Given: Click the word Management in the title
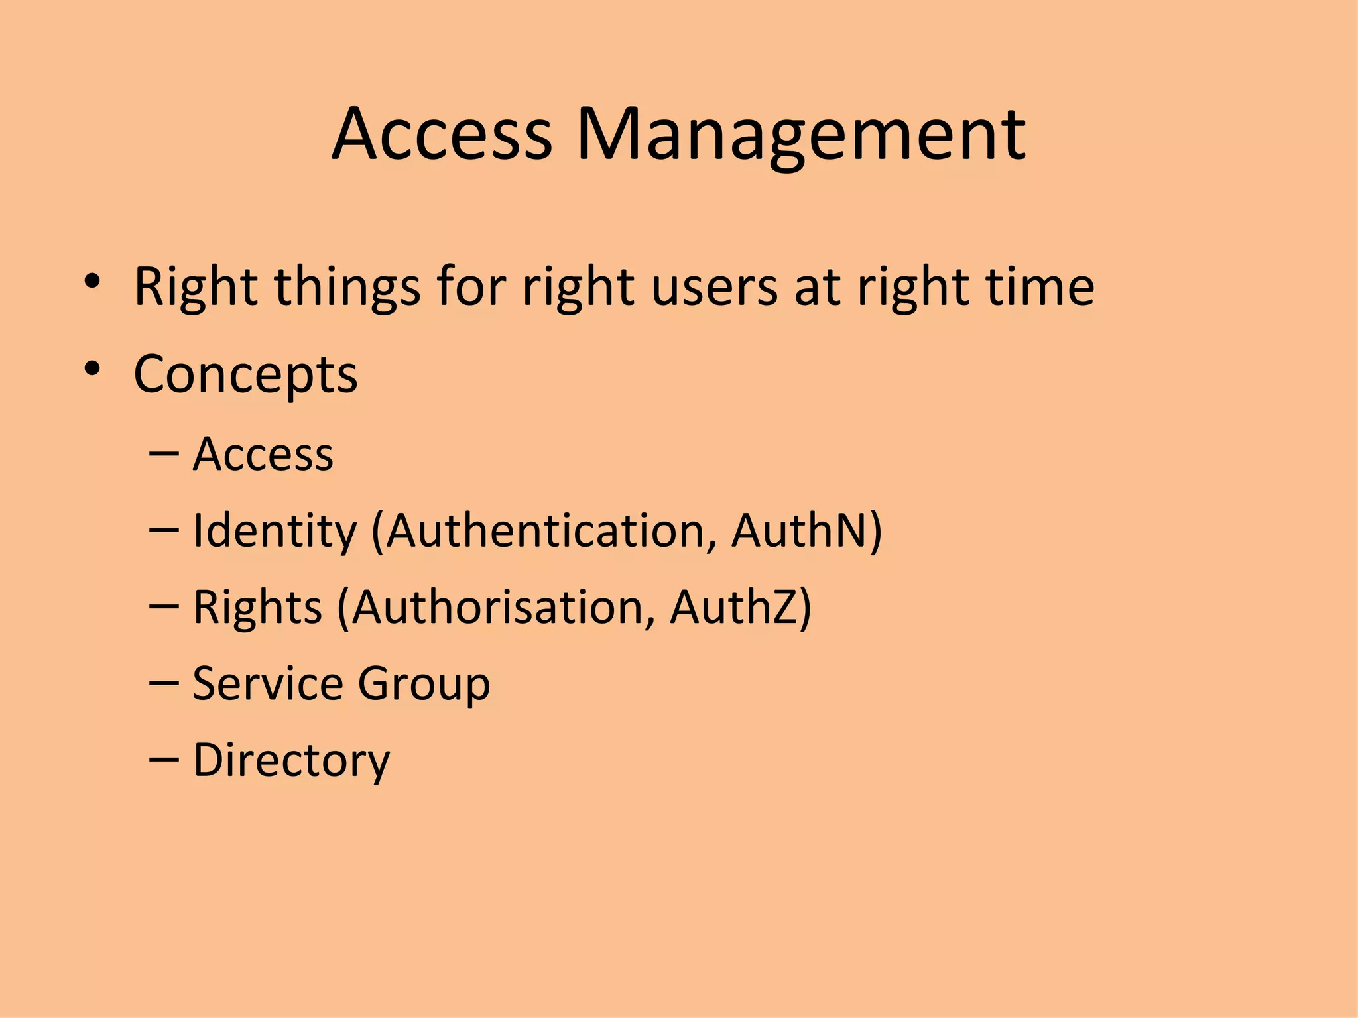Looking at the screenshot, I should pos(801,136).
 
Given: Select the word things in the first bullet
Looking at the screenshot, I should pos(347,288).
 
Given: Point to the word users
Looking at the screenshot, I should pos(714,288).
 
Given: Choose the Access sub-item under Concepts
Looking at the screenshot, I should pos(263,455).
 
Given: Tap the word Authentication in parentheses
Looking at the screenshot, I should pos(545,531).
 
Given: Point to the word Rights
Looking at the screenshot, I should pos(257,608).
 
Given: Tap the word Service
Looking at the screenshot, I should pos(267,683).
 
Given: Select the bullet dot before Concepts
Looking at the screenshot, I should pos(92,369).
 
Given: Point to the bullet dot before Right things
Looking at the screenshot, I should pos(92,282).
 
